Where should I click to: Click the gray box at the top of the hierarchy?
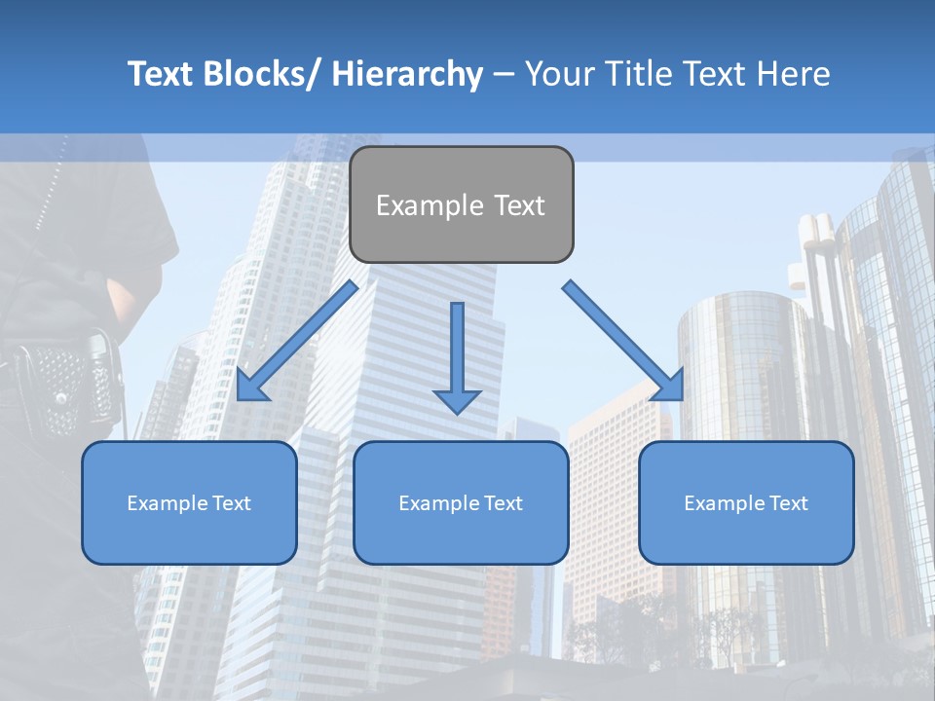pyautogui.click(x=461, y=205)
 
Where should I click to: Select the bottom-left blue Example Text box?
pyautogui.click(x=189, y=503)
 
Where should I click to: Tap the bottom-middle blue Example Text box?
pyautogui.click(x=461, y=503)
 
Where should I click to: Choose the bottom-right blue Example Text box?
pyautogui.click(x=746, y=503)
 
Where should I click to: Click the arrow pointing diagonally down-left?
pyautogui.click(x=297, y=341)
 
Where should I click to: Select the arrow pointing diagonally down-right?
pyautogui.click(x=623, y=341)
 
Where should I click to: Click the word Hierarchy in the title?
pyautogui.click(x=407, y=74)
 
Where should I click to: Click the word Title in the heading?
pyautogui.click(x=625, y=74)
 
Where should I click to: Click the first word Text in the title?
pyautogui.click(x=163, y=74)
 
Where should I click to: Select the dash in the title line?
pyautogui.click(x=504, y=74)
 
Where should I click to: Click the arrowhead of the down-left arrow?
pyautogui.click(x=251, y=385)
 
